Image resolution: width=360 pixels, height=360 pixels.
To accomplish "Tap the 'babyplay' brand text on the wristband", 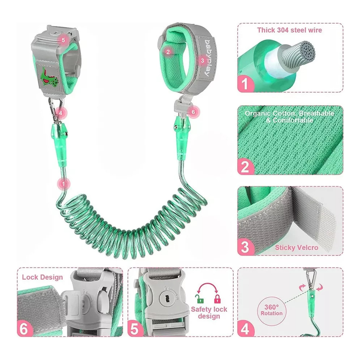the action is pos(206,58).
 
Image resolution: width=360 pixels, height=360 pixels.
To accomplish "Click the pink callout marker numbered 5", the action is pos(63,40).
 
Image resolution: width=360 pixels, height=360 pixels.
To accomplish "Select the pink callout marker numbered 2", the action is pos(168,52).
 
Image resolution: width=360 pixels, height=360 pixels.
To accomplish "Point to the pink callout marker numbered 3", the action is pos(202,60).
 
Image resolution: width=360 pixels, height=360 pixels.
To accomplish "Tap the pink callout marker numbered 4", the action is pos(61,113).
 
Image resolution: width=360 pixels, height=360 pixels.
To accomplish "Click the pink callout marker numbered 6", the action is pos(193,112).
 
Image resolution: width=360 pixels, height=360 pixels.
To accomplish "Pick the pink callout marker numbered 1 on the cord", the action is pos(63,184).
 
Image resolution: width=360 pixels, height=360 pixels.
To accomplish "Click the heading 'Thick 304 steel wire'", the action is pos(289,30).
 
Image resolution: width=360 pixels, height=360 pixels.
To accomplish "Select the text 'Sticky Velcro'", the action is pos(296,247).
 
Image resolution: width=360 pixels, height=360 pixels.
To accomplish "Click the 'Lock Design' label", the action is pos(42,277).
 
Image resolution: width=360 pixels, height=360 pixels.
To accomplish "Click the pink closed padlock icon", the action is pos(217,299).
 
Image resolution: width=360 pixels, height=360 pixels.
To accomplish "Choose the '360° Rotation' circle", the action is pos(272,311).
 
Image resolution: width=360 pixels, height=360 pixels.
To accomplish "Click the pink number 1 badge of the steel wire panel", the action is pos(245,84).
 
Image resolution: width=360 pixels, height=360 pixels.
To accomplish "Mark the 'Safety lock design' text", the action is pos(209,313).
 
